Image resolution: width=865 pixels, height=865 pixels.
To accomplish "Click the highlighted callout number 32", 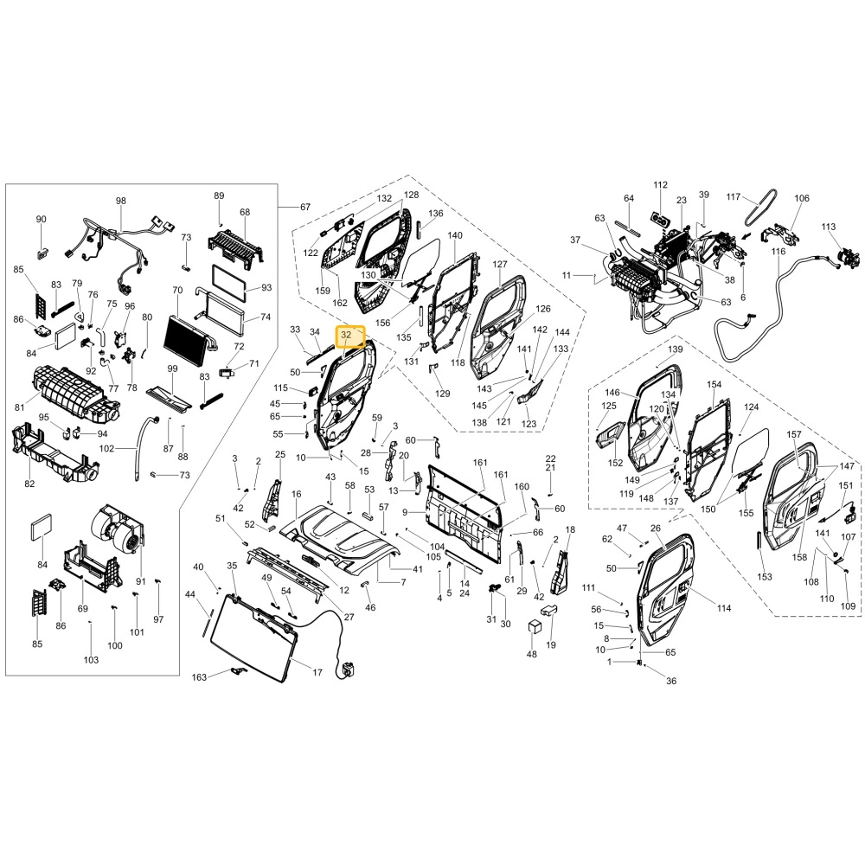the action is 346,335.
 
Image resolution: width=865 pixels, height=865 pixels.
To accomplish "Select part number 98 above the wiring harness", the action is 121,201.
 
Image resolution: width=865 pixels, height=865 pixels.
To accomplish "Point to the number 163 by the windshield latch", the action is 199,677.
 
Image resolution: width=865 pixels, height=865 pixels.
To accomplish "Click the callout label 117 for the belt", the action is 734,197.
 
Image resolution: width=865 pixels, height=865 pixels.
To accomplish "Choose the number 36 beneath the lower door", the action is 671,681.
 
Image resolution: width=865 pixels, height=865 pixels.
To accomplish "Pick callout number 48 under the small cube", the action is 531,654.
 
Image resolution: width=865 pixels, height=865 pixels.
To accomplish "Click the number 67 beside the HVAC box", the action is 305,207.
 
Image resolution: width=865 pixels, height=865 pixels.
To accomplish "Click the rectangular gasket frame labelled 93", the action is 229,283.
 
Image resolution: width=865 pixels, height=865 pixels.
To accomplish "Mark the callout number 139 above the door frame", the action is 676,349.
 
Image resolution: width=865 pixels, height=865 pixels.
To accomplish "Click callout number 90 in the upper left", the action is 42,220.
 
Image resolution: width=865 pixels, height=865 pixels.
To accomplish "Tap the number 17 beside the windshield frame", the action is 317,672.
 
